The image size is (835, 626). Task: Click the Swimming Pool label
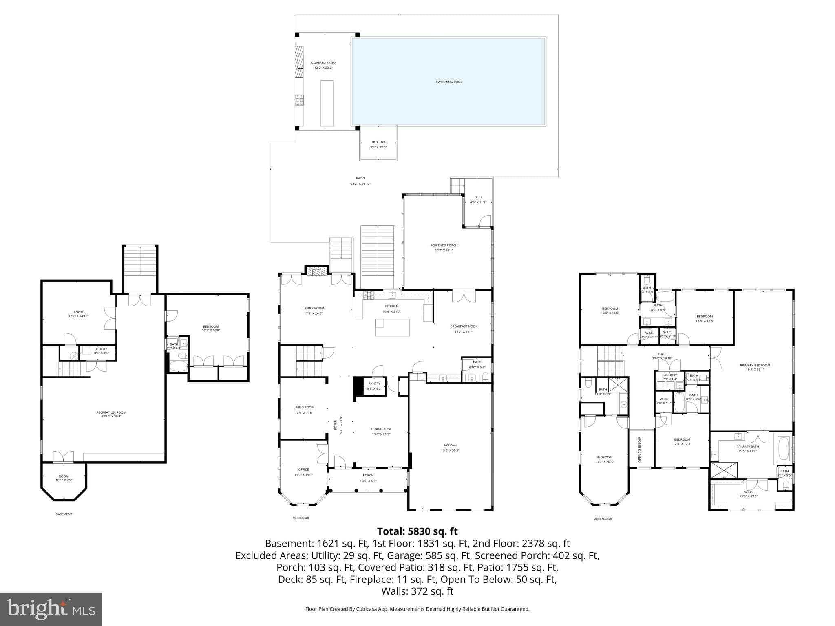(x=448, y=82)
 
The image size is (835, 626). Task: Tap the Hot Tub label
(x=378, y=142)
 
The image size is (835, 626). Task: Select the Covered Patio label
(x=323, y=63)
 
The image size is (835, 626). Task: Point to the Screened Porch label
(x=444, y=245)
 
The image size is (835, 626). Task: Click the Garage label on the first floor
(x=450, y=445)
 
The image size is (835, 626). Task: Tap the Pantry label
(x=374, y=384)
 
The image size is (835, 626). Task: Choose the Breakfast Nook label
(x=464, y=326)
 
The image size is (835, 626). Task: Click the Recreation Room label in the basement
(x=111, y=412)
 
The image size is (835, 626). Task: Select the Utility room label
(x=102, y=349)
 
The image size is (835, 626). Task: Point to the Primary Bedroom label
(x=755, y=366)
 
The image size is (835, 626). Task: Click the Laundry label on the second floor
(x=669, y=375)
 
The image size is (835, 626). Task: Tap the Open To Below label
(x=640, y=450)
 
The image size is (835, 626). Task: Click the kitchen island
(x=392, y=327)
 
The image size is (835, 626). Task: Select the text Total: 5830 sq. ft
(x=417, y=531)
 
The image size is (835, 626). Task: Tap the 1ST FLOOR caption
(x=300, y=518)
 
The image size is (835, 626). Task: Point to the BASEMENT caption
(x=64, y=514)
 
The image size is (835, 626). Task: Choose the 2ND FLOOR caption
(x=603, y=519)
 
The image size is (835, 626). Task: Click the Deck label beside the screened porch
(x=478, y=197)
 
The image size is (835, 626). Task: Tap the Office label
(x=303, y=469)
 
